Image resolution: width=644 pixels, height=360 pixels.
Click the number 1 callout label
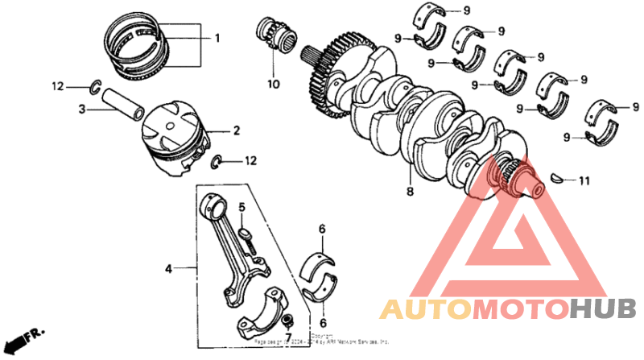coord(216,38)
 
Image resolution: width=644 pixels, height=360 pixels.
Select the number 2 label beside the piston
coord(237,130)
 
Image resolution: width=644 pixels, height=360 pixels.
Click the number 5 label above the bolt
coord(241,208)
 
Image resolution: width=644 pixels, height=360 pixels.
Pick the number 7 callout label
coord(289,336)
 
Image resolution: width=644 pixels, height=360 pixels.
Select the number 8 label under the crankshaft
coord(409,192)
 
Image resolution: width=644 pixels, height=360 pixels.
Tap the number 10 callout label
coord(272,83)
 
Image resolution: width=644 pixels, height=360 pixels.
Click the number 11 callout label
coord(584,181)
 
